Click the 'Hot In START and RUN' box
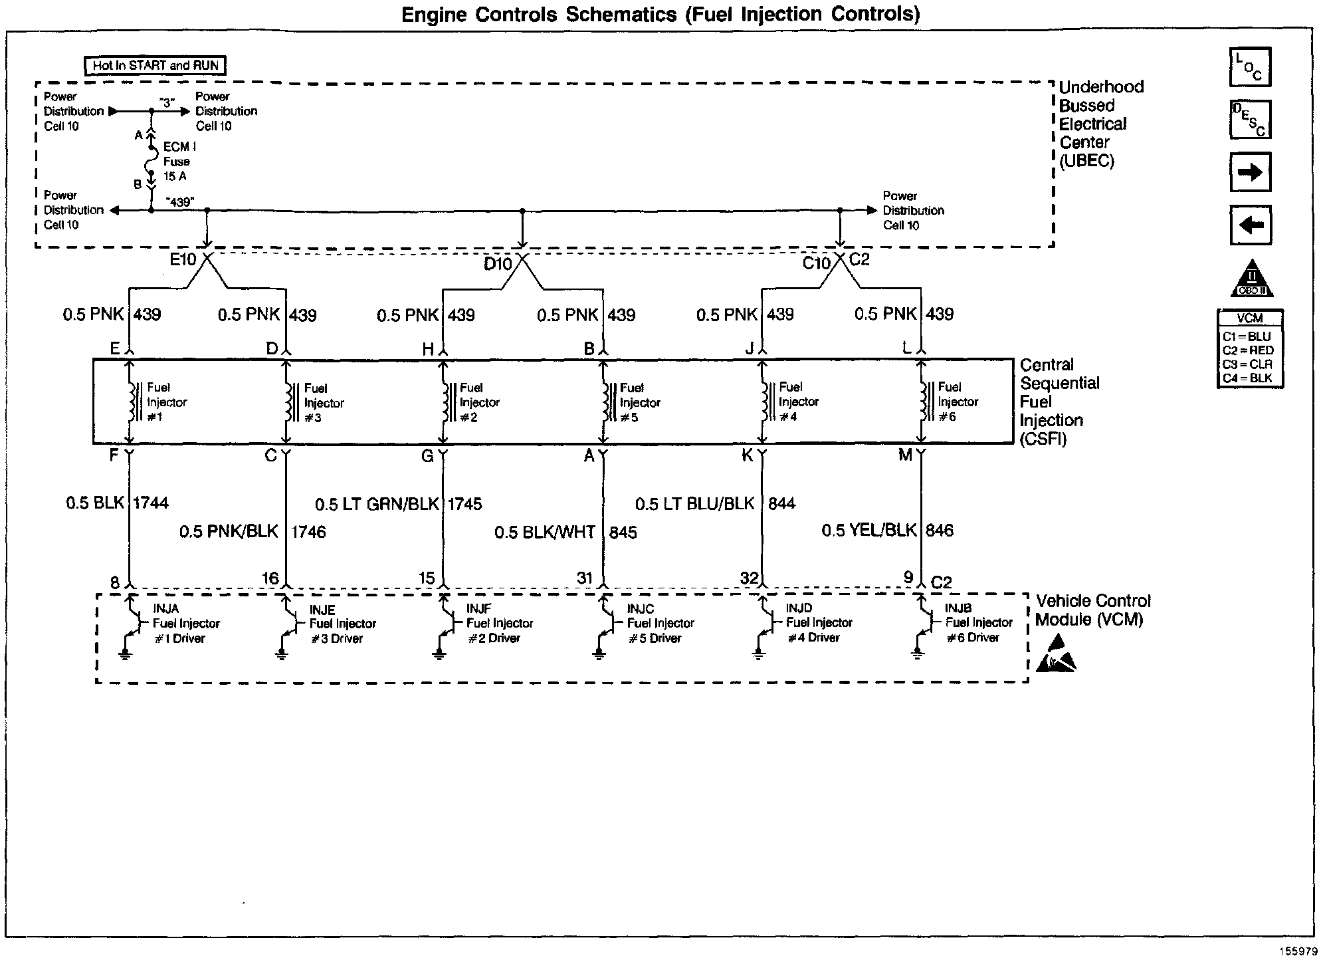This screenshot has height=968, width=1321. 155,65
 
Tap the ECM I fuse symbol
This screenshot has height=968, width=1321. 152,160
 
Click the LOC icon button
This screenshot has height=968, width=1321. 1250,67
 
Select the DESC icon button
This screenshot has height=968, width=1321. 1250,119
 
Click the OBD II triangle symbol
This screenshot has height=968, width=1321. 1252,279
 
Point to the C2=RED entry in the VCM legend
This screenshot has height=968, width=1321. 1248,350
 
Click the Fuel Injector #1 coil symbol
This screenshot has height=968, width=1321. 132,402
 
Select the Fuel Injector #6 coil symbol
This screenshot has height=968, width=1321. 924,402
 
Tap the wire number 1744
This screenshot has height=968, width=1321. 151,503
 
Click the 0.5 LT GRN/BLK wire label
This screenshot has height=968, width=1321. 377,505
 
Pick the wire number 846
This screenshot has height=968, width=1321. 939,531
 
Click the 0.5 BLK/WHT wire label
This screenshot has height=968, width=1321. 545,533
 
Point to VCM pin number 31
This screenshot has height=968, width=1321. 585,578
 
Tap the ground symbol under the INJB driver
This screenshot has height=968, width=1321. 918,654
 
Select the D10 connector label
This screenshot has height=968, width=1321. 498,264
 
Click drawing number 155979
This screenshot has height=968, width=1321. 1298,951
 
